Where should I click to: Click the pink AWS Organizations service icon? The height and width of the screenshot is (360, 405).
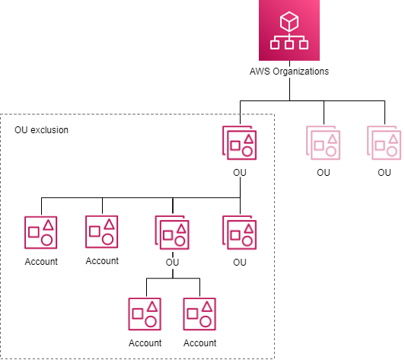coord(290,31)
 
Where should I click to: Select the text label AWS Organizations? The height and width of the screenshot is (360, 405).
coord(290,72)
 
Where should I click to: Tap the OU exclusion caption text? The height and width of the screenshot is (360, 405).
coord(41,130)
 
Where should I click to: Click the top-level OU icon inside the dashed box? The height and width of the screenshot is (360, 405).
coord(241,145)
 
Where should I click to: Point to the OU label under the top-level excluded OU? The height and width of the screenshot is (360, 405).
coord(240,173)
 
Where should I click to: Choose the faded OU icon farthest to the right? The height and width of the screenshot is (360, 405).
coord(384,145)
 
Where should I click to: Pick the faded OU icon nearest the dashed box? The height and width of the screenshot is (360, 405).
coord(324,145)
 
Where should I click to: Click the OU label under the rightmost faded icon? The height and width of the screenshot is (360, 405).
coord(384,173)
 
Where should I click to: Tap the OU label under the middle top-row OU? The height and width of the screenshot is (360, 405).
coord(324,173)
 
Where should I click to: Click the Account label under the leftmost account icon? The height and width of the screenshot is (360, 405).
coord(41,261)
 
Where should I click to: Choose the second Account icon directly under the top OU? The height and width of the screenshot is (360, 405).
coord(102,233)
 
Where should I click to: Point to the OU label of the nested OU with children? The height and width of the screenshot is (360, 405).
coord(172,263)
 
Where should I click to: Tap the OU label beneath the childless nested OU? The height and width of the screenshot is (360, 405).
coord(240,263)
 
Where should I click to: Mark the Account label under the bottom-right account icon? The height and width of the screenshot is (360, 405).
coord(199,342)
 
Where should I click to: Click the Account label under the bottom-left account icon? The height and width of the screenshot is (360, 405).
coord(145,342)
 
